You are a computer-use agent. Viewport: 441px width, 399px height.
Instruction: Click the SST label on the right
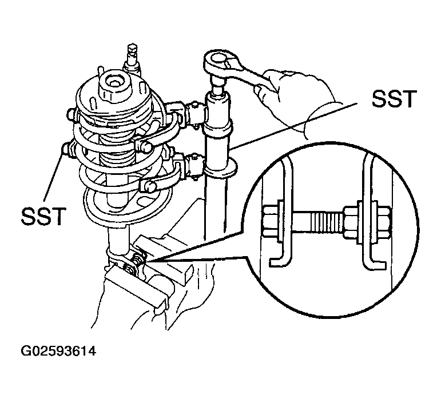[394, 99]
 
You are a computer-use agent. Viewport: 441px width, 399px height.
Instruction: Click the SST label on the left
[43, 216]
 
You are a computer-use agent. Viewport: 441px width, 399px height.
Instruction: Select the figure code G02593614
[58, 352]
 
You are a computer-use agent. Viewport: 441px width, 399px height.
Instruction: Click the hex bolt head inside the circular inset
[270, 221]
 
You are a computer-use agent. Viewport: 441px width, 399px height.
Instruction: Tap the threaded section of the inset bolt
[326, 221]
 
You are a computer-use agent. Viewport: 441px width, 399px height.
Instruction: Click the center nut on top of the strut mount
[116, 83]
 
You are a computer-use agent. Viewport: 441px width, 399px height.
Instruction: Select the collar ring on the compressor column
[221, 168]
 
